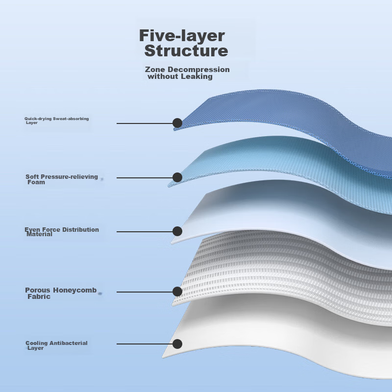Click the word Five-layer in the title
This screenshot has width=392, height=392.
click(x=182, y=36)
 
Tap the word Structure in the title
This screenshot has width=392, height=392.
click(x=186, y=51)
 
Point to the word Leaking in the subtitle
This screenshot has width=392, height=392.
click(x=196, y=76)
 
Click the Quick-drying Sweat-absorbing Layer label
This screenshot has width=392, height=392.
click(x=57, y=121)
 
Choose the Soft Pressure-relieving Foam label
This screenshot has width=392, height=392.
click(x=62, y=179)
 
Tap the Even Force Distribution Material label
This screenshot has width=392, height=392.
click(x=62, y=232)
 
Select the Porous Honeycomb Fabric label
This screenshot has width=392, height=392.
click(x=61, y=293)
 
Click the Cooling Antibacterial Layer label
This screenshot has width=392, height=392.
click(x=56, y=345)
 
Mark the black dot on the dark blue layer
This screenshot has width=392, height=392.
click(x=177, y=123)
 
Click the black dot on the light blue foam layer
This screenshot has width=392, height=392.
click(x=177, y=177)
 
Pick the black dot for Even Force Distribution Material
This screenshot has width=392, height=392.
click(x=177, y=231)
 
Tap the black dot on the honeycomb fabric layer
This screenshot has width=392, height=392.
click(x=177, y=292)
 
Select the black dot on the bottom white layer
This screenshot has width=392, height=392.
click(x=177, y=344)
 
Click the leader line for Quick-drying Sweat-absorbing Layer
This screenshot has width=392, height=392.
click(x=145, y=123)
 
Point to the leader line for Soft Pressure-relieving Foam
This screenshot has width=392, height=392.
click(x=145, y=178)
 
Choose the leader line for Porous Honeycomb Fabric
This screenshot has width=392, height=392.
click(x=145, y=292)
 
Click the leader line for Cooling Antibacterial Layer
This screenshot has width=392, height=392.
click(x=145, y=344)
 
